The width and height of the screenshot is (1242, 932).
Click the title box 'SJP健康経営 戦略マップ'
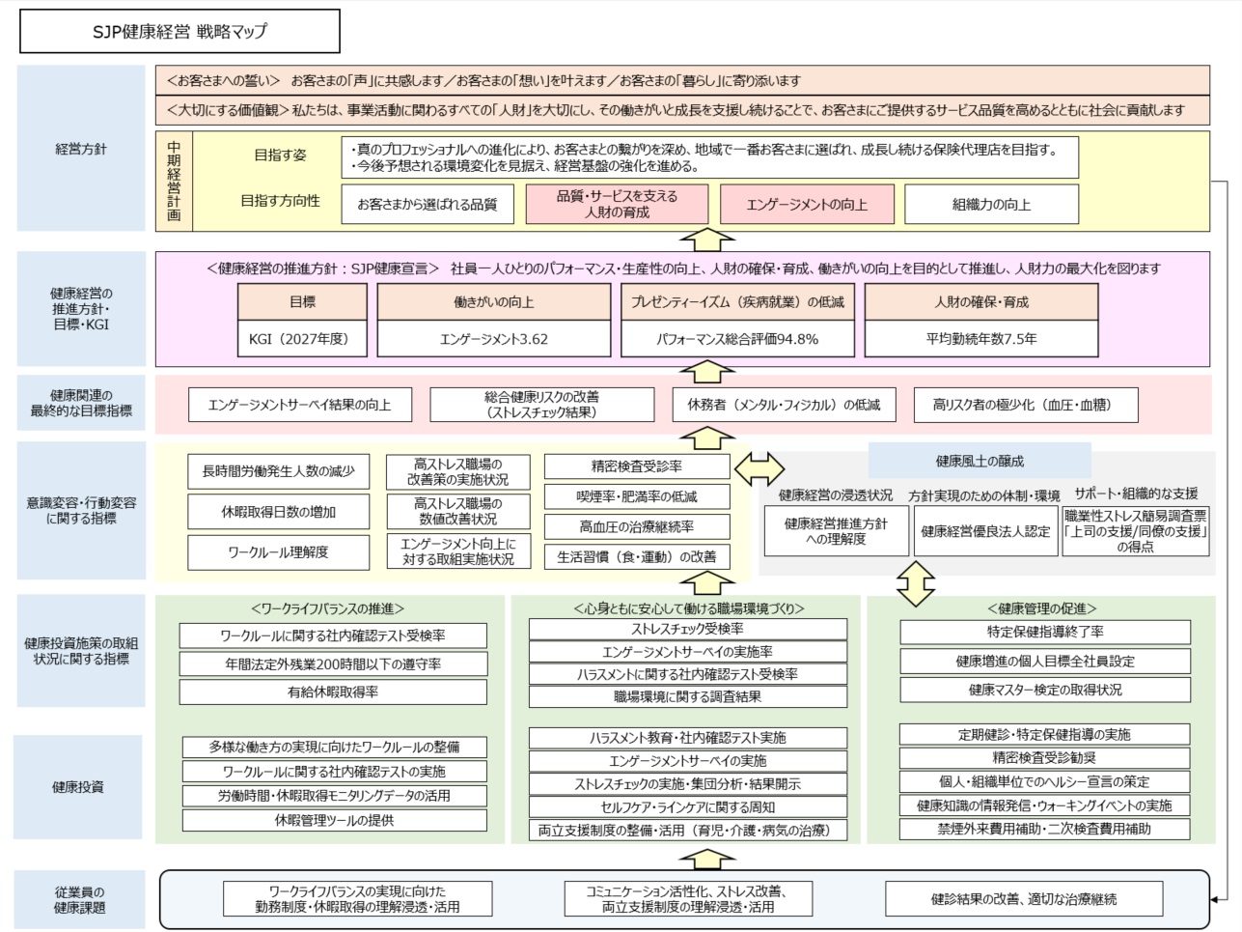point(179,31)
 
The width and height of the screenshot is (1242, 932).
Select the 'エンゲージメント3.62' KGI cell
point(493,339)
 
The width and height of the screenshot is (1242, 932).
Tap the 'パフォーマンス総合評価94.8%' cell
point(737,339)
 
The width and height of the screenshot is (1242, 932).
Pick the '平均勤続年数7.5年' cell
point(981,339)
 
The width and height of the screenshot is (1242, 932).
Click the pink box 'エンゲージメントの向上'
point(807,205)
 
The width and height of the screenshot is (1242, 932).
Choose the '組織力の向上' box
point(991,205)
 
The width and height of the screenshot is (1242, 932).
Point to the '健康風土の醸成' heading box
point(980,461)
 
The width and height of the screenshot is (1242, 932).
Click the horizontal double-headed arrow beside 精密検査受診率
point(759,468)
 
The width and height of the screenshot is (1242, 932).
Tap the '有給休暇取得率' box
point(333,692)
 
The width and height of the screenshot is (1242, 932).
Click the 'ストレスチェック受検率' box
point(687,629)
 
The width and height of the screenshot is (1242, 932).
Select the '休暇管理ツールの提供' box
point(333,820)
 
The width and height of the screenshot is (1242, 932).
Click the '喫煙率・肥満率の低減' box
point(637,496)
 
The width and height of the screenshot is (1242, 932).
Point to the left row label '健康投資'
point(78,787)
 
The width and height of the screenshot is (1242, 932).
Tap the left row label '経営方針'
point(81,150)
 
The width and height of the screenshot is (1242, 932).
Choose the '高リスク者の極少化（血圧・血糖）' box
point(1026,405)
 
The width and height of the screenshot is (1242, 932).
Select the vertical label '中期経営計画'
point(174,182)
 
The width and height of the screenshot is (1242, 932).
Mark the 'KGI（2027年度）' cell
point(303,339)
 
